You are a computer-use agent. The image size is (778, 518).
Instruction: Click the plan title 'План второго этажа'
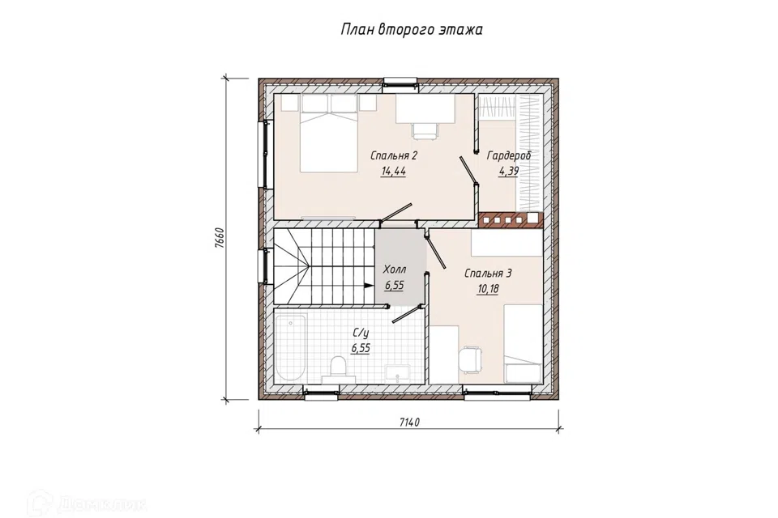(x=412, y=30)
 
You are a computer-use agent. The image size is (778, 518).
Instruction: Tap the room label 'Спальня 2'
(x=394, y=155)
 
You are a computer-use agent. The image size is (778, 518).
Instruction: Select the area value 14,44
(x=394, y=172)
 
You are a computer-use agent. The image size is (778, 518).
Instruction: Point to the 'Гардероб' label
(x=509, y=155)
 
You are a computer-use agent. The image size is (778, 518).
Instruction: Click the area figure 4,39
(x=509, y=172)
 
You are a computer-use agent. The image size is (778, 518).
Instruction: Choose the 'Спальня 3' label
(x=488, y=273)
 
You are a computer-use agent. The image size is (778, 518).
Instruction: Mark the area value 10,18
(x=487, y=289)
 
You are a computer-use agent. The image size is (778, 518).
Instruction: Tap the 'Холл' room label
(x=395, y=270)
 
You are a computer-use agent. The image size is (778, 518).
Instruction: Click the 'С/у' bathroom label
(x=361, y=333)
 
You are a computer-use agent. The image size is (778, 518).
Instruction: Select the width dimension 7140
(x=409, y=422)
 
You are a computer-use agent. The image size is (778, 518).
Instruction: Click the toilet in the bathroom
(x=339, y=369)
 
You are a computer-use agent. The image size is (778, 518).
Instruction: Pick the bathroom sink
(x=398, y=373)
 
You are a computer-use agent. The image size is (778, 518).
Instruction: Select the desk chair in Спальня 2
(x=425, y=130)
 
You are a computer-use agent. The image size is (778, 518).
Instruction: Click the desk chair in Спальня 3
(x=470, y=359)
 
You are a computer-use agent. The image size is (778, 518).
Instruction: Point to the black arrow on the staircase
(x=369, y=286)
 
